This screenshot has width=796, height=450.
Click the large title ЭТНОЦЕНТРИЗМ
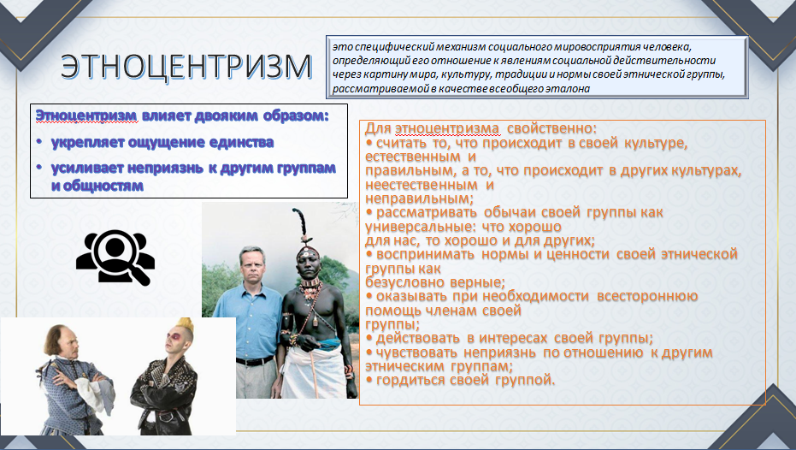click(x=186, y=67)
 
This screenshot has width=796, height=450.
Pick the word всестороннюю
click(x=647, y=296)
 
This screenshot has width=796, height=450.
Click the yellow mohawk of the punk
click(x=186, y=324)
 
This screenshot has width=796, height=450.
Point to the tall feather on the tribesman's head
click(x=300, y=223)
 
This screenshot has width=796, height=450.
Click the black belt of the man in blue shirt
click(x=255, y=361)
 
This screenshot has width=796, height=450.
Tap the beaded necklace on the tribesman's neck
click(x=310, y=287)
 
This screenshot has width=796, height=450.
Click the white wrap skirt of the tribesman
click(x=313, y=370)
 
